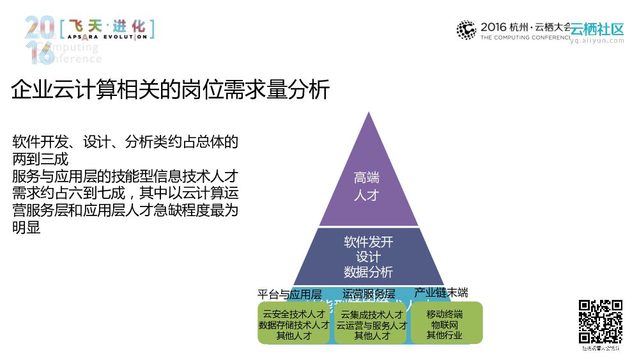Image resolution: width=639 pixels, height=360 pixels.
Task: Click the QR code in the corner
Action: (600, 322)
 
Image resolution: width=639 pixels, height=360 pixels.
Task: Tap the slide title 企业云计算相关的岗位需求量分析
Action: (171, 90)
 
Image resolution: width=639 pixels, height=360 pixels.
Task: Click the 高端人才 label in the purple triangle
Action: (367, 186)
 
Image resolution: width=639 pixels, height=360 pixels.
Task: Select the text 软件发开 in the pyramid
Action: (368, 242)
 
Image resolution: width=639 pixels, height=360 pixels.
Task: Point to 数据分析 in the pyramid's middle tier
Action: (368, 272)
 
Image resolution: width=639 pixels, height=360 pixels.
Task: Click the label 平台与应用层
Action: (289, 295)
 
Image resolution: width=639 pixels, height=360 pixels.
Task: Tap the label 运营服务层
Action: (369, 294)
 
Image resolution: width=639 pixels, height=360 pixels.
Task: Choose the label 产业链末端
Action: (441, 293)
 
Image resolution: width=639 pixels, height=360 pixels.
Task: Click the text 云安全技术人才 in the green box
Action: (293, 315)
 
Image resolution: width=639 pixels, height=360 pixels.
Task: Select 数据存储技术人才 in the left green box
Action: (293, 325)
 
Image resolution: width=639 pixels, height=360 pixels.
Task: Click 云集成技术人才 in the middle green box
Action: (371, 315)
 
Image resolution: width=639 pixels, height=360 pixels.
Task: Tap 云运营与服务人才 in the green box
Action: (371, 325)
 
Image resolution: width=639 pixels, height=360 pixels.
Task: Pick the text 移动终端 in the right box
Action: (445, 315)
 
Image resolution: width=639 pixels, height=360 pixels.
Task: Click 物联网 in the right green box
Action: (445, 325)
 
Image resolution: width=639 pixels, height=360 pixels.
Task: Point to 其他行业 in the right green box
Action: (445, 335)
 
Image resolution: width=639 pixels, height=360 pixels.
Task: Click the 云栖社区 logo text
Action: (597, 29)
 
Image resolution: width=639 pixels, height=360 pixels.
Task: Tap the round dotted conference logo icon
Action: (466, 30)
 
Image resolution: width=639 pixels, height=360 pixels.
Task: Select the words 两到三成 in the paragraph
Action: (40, 159)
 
